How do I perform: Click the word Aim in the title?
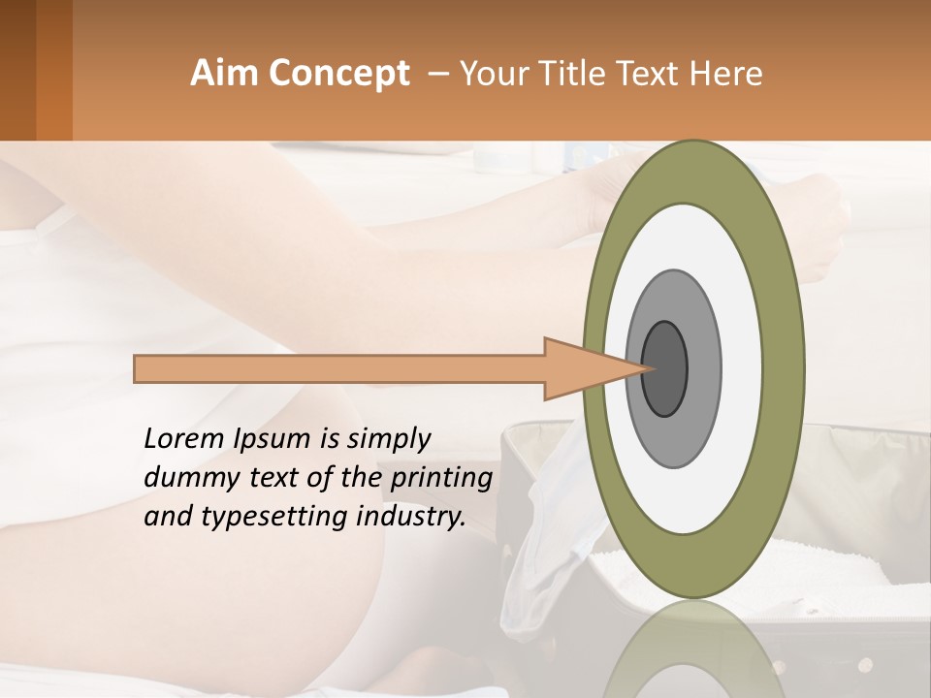[x=223, y=74]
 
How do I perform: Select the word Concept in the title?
[x=337, y=74]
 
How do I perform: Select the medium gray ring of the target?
[x=702, y=368]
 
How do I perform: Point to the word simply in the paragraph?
[x=387, y=440]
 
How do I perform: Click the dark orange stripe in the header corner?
[x=53, y=70]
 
